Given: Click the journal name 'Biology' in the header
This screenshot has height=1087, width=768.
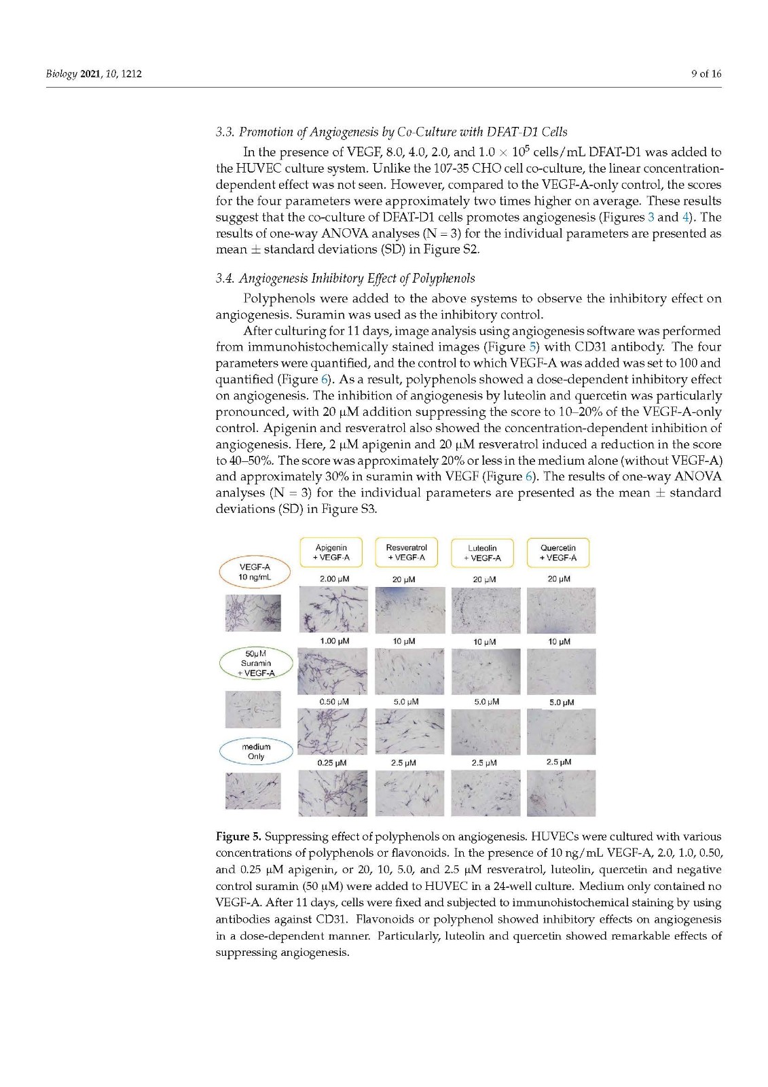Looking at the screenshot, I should pos(61,73).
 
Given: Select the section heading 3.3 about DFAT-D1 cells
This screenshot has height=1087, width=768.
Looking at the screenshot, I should pos(391,132).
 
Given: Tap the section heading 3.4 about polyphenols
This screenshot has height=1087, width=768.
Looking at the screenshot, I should pos(345,278).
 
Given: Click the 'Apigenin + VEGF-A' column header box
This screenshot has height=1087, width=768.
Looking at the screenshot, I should pos(331,552).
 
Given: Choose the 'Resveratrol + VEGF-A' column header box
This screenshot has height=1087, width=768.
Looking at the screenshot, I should pos(406,552).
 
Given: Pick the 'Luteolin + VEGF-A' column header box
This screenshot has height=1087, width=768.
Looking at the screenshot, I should pos(482,553).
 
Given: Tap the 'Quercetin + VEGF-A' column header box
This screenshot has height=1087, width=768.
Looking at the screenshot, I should pos(557,552).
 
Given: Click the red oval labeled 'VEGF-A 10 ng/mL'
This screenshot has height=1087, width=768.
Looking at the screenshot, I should pos(255,572).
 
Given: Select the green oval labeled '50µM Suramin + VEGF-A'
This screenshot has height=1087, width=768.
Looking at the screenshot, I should pos(256,664).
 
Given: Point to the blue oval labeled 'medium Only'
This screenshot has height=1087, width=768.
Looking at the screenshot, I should pos(256,751).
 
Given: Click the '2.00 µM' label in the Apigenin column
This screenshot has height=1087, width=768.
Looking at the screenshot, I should pos(334,580).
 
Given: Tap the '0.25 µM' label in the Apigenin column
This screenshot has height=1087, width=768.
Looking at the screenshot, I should pos(332,763).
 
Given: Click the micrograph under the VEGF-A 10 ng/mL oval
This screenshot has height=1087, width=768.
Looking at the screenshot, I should pos(253,613).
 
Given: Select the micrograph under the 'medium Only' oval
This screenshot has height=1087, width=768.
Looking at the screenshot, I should pos(253,791).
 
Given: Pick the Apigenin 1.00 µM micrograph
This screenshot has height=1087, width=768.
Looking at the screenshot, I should pos(333,671).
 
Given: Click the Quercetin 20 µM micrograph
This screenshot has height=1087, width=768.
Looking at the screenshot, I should pos(561,610).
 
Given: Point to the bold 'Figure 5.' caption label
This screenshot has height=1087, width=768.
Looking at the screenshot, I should pos(238,836).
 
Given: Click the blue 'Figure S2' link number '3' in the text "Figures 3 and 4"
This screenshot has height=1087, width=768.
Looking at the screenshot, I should pos(651,217).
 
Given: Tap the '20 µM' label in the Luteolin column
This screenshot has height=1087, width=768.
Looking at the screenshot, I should pos(484,580).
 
